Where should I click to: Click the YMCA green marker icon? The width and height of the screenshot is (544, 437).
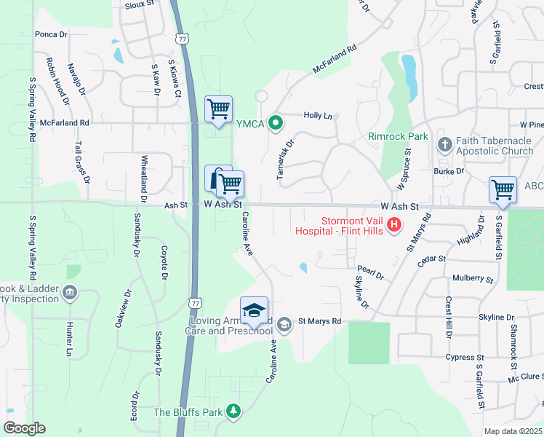tap(275, 123)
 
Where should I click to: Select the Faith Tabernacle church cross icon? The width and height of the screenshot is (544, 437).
tap(444, 144)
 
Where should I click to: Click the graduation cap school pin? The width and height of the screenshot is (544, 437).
tap(254, 311)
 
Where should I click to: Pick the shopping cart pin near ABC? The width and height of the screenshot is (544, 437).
tap(503, 189)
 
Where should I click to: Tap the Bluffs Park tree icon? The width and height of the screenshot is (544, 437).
tap(233, 412)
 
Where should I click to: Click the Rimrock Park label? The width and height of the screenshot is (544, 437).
tap(399, 136)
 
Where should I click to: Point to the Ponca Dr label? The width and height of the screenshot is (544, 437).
tap(51, 34)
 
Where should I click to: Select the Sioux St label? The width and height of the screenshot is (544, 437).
tap(140, 3)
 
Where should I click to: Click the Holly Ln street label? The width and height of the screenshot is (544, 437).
tap(317, 116)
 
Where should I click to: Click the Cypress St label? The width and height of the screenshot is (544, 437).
tap(465, 358)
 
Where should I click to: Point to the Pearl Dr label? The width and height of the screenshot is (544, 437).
tap(371, 272)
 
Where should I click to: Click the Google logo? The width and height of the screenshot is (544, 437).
tap(23, 428)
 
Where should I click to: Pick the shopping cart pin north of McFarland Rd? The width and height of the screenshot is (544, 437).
tap(218, 109)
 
